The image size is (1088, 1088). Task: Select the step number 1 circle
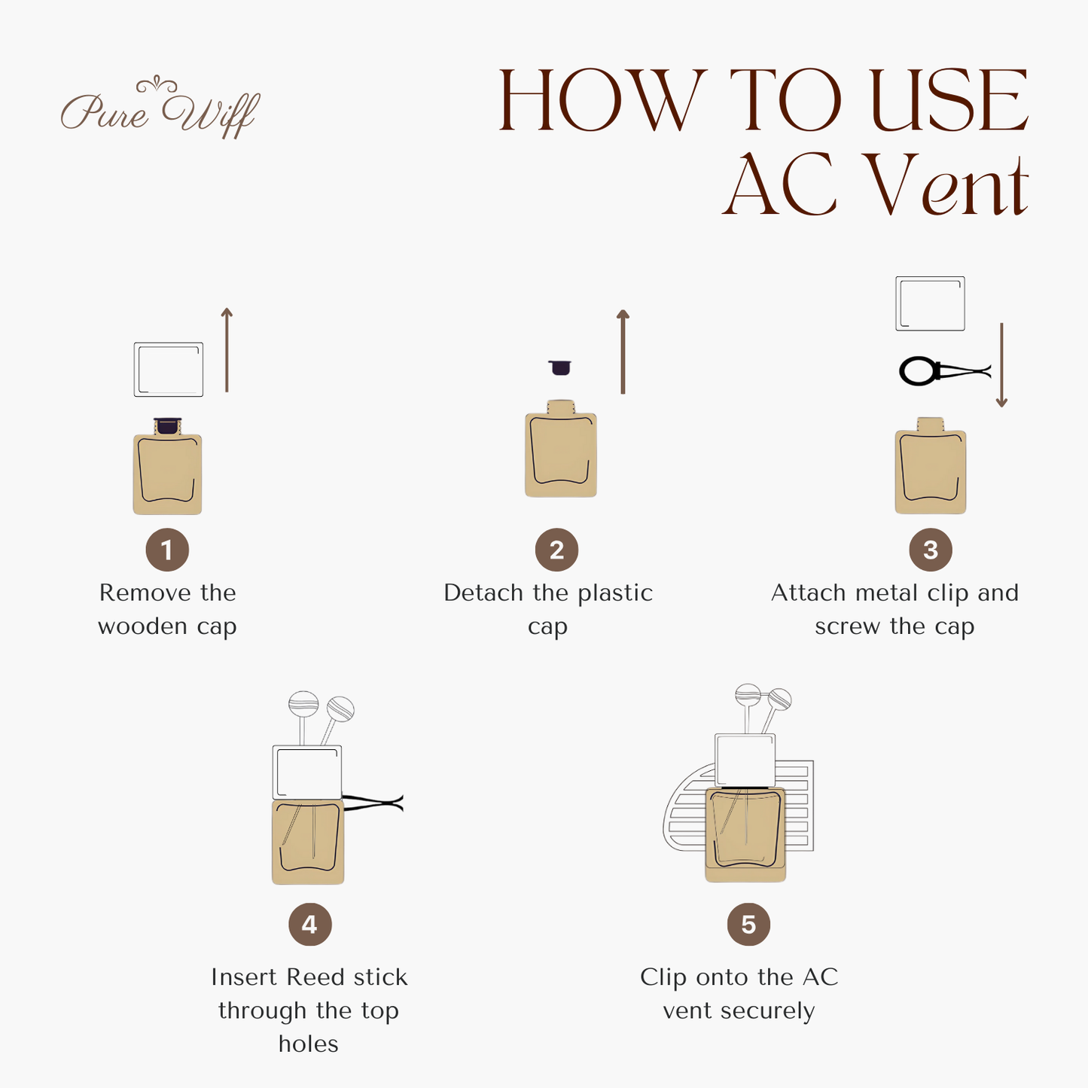pyautogui.click(x=167, y=550)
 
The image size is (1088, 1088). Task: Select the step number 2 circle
pyautogui.click(x=556, y=550)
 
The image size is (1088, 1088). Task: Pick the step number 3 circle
pyautogui.click(x=931, y=550)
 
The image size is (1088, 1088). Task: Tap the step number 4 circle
pyautogui.click(x=309, y=925)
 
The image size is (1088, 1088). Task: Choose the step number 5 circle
pyautogui.click(x=748, y=925)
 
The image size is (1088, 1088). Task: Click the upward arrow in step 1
pyautogui.click(x=227, y=349)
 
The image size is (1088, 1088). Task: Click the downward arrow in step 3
pyautogui.click(x=1001, y=366)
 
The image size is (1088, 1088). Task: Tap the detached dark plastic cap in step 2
pyautogui.click(x=559, y=367)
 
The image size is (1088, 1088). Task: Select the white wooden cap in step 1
pyautogui.click(x=169, y=369)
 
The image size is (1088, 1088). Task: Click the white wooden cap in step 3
pyautogui.click(x=930, y=303)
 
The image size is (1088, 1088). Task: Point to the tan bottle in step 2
pyautogui.click(x=561, y=452)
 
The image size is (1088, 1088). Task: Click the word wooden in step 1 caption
pyautogui.click(x=142, y=626)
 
